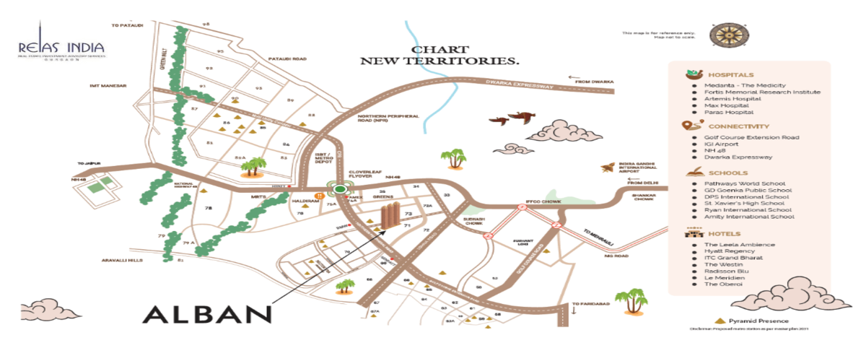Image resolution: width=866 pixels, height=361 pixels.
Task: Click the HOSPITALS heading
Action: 730,74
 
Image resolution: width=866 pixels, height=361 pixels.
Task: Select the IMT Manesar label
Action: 109,85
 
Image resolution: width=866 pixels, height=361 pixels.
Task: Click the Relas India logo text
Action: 63,47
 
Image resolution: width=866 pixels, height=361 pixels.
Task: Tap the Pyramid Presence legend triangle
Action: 719,320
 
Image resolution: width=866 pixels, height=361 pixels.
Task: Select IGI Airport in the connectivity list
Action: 723,144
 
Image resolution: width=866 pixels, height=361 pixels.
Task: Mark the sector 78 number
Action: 209,208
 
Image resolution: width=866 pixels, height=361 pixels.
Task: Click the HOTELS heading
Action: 725,233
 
